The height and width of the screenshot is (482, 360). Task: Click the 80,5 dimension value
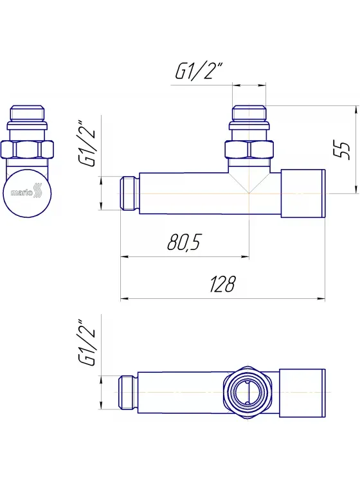pyautogui.click(x=184, y=242)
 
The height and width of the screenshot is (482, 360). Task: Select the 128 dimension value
pyautogui.click(x=222, y=283)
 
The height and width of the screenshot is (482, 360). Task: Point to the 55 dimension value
pyautogui.click(x=342, y=150)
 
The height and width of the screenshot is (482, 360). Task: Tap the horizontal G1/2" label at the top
pyautogui.click(x=199, y=71)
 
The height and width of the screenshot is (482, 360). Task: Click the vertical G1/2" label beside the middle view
pyautogui.click(x=87, y=143)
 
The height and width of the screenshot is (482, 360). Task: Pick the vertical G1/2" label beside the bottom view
pyautogui.click(x=87, y=342)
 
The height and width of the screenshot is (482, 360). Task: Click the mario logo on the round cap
pyautogui.click(x=26, y=193)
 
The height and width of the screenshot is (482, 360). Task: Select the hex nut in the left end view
pyautogui.click(x=28, y=150)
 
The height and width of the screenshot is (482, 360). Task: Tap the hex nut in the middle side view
pyautogui.click(x=249, y=150)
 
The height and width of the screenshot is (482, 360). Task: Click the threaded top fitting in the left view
pyautogui.click(x=28, y=118)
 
